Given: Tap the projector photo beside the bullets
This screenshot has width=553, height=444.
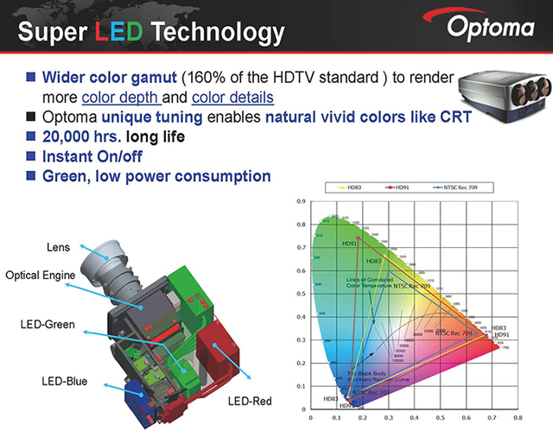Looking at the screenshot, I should click(x=505, y=93).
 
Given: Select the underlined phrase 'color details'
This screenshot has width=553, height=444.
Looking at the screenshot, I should click(x=232, y=98).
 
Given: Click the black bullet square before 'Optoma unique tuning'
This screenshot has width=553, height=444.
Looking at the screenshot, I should click(x=31, y=117).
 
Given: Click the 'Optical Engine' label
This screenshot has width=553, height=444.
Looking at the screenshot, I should click(x=52, y=276).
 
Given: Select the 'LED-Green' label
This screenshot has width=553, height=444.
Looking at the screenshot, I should click(x=49, y=325).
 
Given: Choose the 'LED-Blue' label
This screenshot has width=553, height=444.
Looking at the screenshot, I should click(x=65, y=380).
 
